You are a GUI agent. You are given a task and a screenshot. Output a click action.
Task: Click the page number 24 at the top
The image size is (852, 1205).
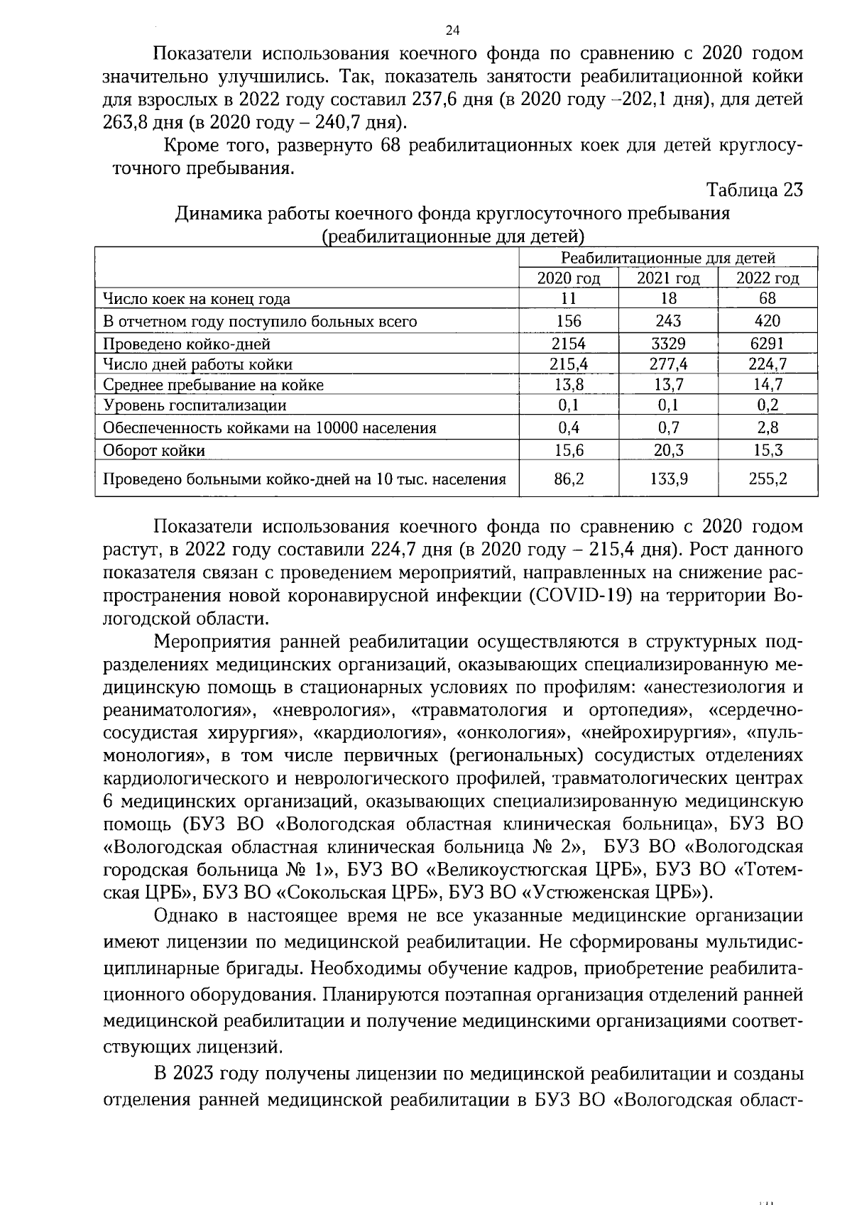pos(452,30)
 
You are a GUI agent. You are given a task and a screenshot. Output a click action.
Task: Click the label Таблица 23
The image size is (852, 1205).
pos(755,191)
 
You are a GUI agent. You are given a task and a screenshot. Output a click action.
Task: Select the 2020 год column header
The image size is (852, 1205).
pos(569,278)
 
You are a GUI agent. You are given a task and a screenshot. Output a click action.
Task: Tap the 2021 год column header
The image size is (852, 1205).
pos(668,278)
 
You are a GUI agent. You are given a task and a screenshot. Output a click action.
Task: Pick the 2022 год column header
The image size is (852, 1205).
pos(768,278)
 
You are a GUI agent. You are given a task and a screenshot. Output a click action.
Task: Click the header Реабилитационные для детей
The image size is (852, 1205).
pos(668,258)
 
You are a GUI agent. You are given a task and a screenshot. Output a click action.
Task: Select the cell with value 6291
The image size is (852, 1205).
pos(768,344)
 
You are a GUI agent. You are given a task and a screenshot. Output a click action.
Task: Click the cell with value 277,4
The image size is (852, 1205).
pos(668,364)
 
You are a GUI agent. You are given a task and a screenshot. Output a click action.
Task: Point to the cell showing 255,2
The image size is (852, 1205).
pos(768,479)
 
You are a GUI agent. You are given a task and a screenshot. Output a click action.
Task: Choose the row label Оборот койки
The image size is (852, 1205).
pos(154,450)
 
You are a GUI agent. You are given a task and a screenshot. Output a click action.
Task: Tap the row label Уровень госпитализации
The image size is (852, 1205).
pos(195,405)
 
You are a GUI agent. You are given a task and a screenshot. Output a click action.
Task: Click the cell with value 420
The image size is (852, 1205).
pos(768,321)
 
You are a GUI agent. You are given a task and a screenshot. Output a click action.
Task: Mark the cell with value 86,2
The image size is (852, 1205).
pos(569,479)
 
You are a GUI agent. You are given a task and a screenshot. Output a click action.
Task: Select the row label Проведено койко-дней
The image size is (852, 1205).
pos(187,344)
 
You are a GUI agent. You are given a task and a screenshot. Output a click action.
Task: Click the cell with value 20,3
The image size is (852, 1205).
pos(668,450)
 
